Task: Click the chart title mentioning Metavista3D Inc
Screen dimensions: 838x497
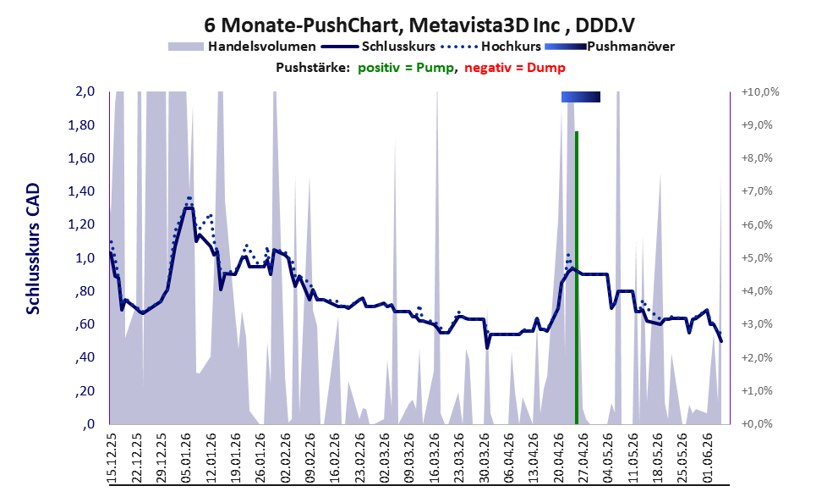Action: [x=419, y=25]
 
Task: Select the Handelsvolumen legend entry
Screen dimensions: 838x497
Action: [x=242, y=47]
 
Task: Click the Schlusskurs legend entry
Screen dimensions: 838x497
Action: [x=378, y=47]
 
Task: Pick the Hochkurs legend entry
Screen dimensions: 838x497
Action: [x=490, y=47]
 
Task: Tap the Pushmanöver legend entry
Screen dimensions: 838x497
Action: [x=610, y=47]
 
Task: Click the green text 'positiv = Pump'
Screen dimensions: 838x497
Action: [x=406, y=68]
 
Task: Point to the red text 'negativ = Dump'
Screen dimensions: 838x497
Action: [x=515, y=68]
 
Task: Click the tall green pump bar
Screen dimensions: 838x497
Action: [x=577, y=277]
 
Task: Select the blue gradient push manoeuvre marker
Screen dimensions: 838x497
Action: [x=581, y=97]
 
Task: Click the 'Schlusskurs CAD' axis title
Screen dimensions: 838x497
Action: [x=33, y=249]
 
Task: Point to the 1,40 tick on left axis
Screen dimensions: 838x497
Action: [x=81, y=191]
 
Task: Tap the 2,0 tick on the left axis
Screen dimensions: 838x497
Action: [x=85, y=91]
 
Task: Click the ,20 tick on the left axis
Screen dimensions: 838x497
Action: [x=85, y=390]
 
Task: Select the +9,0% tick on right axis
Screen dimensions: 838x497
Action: [x=757, y=124]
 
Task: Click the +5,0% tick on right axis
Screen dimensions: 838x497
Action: [x=757, y=258]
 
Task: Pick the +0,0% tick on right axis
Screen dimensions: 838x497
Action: [x=757, y=423]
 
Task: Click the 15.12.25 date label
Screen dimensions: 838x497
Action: [x=112, y=457]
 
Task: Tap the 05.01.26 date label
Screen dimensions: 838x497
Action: [x=186, y=457]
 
